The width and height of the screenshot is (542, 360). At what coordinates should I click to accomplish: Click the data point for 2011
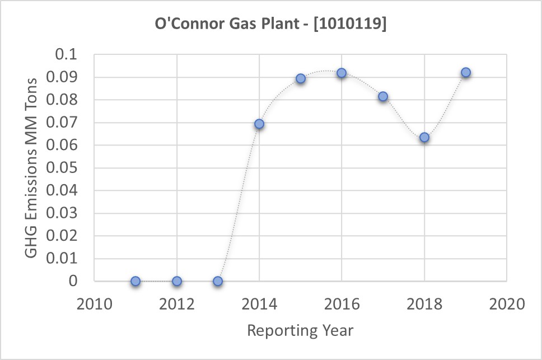[x=135, y=281]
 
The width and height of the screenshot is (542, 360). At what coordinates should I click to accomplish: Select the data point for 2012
[x=177, y=281]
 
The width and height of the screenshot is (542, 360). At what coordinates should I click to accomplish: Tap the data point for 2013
[x=218, y=281]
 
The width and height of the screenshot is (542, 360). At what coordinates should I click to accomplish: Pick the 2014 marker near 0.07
[x=259, y=124]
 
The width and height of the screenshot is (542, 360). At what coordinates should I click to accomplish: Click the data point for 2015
[x=301, y=78]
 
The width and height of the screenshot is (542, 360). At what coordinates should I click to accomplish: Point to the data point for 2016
[x=342, y=73]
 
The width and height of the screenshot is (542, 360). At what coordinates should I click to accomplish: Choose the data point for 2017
[x=383, y=96]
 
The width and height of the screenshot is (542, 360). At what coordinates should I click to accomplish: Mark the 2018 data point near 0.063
[x=424, y=137]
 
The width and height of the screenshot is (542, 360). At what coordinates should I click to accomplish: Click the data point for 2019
[x=465, y=72]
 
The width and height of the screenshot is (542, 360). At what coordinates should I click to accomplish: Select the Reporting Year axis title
[x=300, y=330]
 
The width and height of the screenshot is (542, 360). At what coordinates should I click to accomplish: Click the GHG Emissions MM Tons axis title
[x=32, y=168]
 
